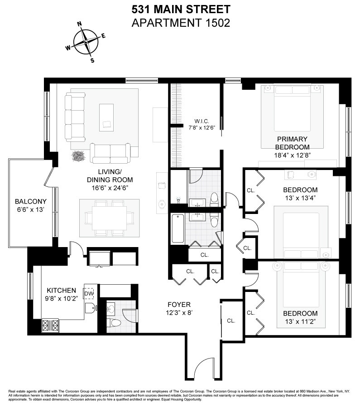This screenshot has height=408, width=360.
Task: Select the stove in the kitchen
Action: pyautogui.click(x=51, y=325)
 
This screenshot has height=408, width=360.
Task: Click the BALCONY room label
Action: pyautogui.click(x=30, y=202)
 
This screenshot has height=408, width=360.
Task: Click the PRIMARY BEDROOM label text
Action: pyautogui.click(x=293, y=143)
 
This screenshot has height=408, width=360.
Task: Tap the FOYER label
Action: pyautogui.click(x=178, y=305)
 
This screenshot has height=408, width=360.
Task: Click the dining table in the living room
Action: pyautogui.click(x=109, y=218)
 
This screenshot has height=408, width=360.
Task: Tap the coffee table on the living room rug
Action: pyautogui.click(x=107, y=116)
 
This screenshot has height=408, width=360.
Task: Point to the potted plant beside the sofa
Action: pyautogui.click(x=80, y=156)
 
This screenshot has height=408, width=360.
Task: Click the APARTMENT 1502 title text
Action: pyautogui.click(x=180, y=23)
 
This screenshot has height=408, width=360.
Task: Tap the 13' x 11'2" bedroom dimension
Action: pyautogui.click(x=300, y=321)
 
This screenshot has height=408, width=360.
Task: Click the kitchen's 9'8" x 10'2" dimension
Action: pyautogui.click(x=61, y=299)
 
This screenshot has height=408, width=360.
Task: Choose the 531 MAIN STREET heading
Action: pyautogui.click(x=180, y=9)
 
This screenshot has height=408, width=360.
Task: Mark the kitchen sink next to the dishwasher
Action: pyautogui.click(x=90, y=309)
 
